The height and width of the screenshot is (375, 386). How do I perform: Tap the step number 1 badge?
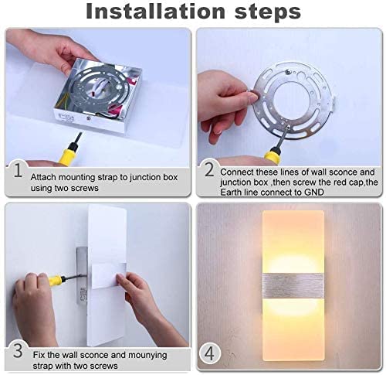[x=17, y=170]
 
